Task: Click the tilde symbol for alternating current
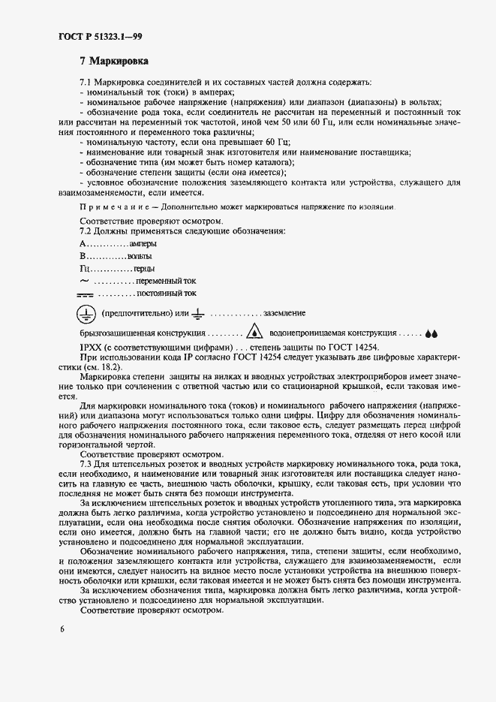pyautogui.click(x=84, y=281)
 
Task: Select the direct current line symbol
pyautogui.click(x=85, y=294)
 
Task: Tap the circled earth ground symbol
pyautogui.click(x=86, y=313)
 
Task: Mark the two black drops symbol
pyautogui.click(x=430, y=333)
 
